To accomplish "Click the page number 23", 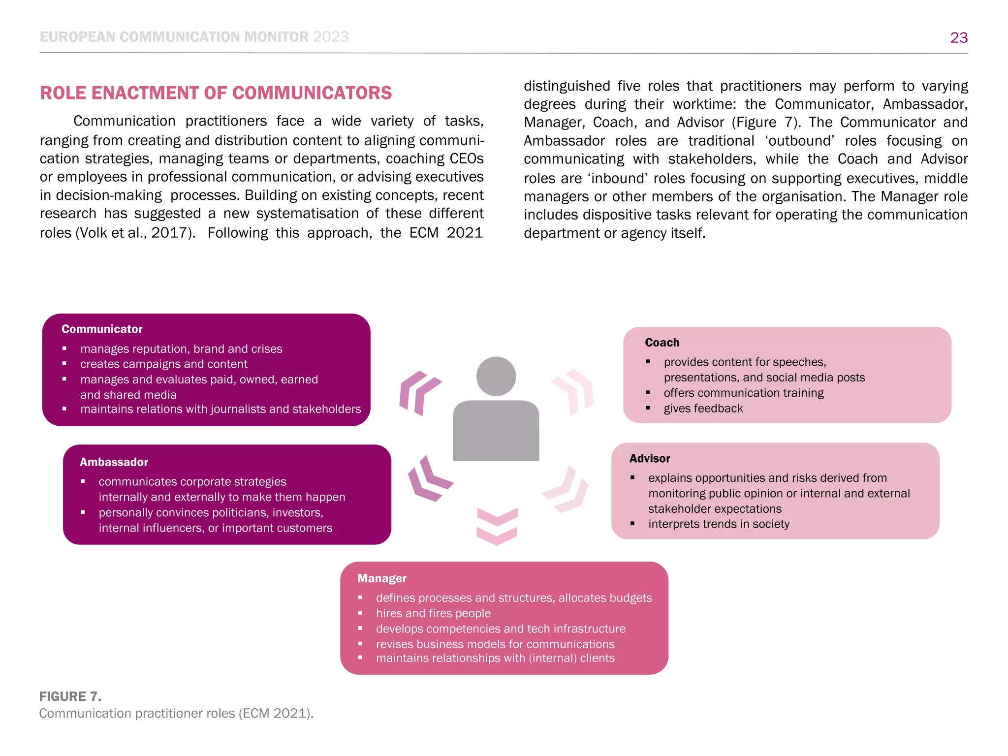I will pyautogui.click(x=958, y=37).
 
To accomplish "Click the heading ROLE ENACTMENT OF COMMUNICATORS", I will pyautogui.click(x=216, y=93).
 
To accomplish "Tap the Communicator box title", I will pyautogui.click(x=102, y=329).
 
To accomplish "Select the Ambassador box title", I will pyautogui.click(x=114, y=462).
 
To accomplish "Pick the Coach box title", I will pyautogui.click(x=662, y=343).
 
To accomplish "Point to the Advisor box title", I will pyautogui.click(x=649, y=459).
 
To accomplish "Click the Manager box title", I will pyautogui.click(x=382, y=578).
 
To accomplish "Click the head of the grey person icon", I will pyautogui.click(x=496, y=377).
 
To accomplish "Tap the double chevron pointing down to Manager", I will pyautogui.click(x=497, y=526).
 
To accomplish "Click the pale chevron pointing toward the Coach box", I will pyautogui.click(x=573, y=391).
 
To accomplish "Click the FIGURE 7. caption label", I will pyautogui.click(x=70, y=696).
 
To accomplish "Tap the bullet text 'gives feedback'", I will pyautogui.click(x=703, y=409).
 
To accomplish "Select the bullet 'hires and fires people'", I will pyautogui.click(x=433, y=613).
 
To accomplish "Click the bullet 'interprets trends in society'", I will pyautogui.click(x=719, y=524).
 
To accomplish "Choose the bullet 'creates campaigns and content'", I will pyautogui.click(x=164, y=364).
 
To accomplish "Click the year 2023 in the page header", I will pyautogui.click(x=331, y=37).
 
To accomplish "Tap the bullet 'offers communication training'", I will pyautogui.click(x=743, y=393).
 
